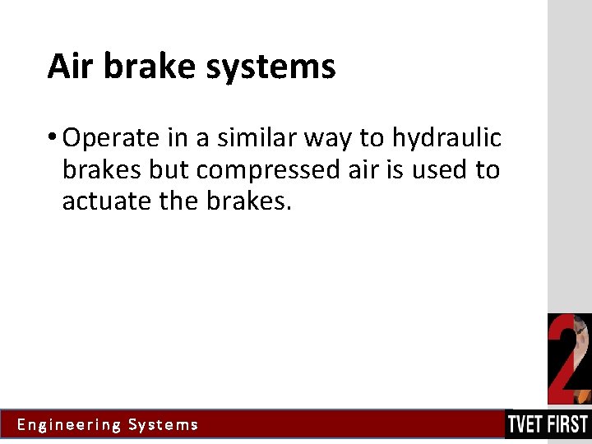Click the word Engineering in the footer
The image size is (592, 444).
[69, 425]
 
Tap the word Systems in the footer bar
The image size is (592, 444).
[163, 425]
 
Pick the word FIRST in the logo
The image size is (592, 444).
[570, 425]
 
